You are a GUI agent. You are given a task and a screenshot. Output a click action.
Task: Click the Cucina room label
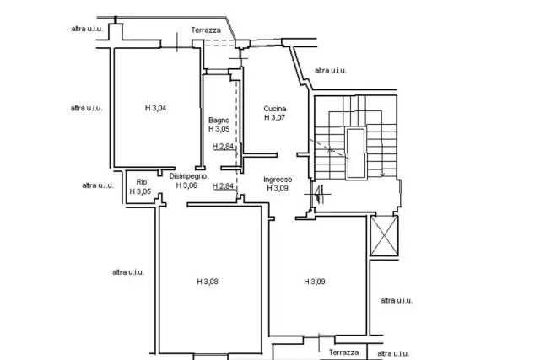[x=275, y=109]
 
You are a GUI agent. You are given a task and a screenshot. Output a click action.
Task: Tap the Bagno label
[x=219, y=121]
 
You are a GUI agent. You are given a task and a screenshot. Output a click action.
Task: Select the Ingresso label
[x=278, y=180]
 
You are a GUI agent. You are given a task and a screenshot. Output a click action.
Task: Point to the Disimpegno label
[x=188, y=176]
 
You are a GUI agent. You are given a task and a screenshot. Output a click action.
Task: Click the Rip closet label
[x=142, y=182]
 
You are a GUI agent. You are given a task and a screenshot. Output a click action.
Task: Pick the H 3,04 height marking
[x=155, y=108]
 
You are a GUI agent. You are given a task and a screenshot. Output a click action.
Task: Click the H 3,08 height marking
[x=208, y=282]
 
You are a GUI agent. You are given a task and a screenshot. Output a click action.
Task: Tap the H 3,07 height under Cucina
[x=275, y=117]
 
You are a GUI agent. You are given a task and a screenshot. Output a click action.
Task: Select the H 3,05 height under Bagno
[x=219, y=129]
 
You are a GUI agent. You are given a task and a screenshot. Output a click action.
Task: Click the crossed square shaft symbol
[x=384, y=236]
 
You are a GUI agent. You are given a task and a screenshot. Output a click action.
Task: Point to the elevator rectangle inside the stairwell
[x=356, y=153]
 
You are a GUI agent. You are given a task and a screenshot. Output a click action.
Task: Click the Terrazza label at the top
[x=206, y=30]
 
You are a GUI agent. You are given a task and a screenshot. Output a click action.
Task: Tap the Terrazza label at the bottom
[x=343, y=352]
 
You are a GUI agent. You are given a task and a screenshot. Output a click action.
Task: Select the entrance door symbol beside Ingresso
[x=319, y=194]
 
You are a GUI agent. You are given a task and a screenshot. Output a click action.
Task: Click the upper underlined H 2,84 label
[x=223, y=147]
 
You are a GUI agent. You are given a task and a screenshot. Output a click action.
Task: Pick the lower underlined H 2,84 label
[x=223, y=186]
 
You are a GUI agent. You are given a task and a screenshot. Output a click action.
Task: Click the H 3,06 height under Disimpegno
[x=186, y=185]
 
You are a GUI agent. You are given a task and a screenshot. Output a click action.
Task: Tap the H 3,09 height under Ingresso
[x=278, y=188]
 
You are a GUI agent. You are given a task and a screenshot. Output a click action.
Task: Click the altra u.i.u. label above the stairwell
[x=331, y=71]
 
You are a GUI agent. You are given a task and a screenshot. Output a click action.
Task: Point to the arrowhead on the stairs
[x=382, y=175]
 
